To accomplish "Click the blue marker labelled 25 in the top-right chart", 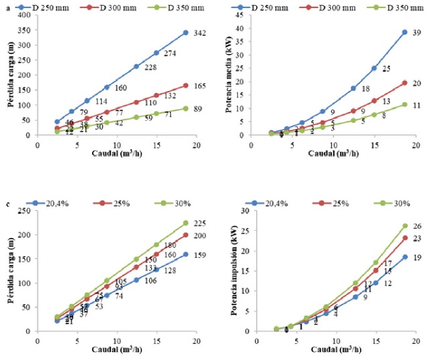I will point(374,68).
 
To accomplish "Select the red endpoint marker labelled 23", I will point(405,238).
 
